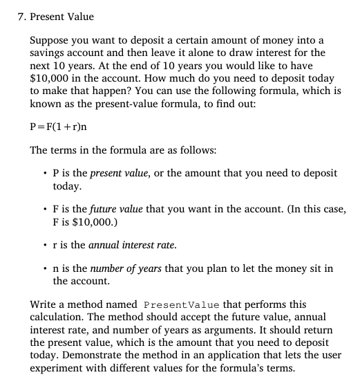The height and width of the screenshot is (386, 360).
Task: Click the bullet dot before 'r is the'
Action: (44, 245)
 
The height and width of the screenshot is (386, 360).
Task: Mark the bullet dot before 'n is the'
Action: (44, 268)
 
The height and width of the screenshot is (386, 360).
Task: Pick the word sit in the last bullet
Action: (294, 268)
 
